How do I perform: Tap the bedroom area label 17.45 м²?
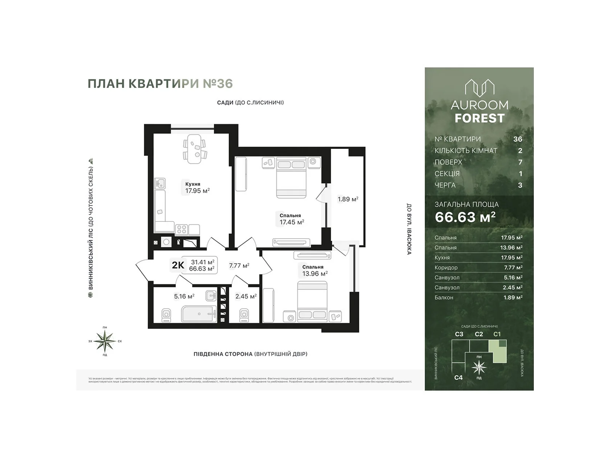click(292, 222)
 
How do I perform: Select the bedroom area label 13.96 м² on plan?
click(315, 273)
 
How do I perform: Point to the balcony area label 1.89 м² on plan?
click(348, 199)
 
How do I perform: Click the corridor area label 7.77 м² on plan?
click(239, 265)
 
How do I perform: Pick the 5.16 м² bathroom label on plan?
click(184, 296)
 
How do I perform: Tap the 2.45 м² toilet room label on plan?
click(246, 296)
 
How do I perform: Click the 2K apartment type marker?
click(178, 265)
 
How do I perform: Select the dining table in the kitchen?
click(195, 149)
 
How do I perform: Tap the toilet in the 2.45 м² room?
click(244, 315)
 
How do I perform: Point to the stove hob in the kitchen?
click(181, 229)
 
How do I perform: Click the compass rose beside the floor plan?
click(105, 341)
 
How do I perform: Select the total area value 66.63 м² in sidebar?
click(465, 217)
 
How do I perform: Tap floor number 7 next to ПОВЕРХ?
click(520, 162)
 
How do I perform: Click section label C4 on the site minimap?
click(458, 377)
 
